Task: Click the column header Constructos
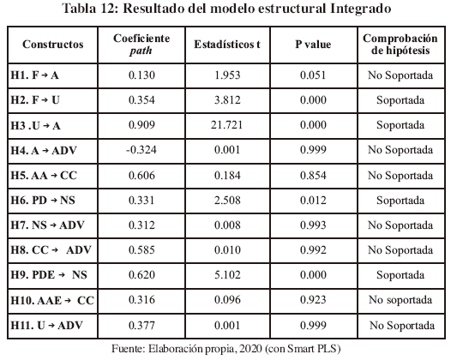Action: (x=53, y=45)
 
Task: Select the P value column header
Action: (x=313, y=45)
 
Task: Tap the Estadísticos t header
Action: (x=227, y=45)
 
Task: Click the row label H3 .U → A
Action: (x=35, y=126)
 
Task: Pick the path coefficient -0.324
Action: (x=141, y=150)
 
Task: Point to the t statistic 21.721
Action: (x=226, y=125)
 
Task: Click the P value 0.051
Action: (x=313, y=75)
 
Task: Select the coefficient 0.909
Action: (x=141, y=125)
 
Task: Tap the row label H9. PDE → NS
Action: (x=49, y=275)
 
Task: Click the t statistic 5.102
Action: (x=227, y=275)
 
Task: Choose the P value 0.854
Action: (x=313, y=176)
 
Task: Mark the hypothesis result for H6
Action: (x=400, y=201)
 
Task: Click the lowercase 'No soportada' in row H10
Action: (x=400, y=300)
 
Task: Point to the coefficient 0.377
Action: (x=141, y=325)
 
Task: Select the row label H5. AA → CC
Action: (x=44, y=176)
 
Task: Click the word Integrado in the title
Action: (x=361, y=9)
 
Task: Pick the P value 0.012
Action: (x=313, y=201)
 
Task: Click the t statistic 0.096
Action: (x=227, y=300)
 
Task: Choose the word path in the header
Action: (x=141, y=51)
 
